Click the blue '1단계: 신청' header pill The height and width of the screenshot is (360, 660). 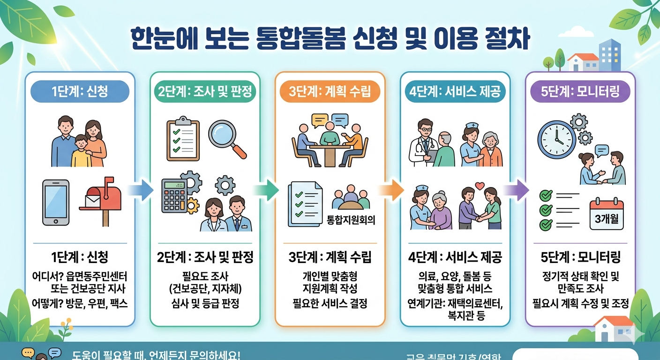click(80, 91)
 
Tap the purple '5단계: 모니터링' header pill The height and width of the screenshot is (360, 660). click(580, 91)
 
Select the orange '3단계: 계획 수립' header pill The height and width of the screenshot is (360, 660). click(330, 91)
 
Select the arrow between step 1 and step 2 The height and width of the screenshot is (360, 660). click(140, 190)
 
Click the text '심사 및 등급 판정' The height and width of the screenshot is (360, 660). click(205, 303)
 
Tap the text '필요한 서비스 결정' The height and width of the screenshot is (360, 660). click(330, 303)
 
